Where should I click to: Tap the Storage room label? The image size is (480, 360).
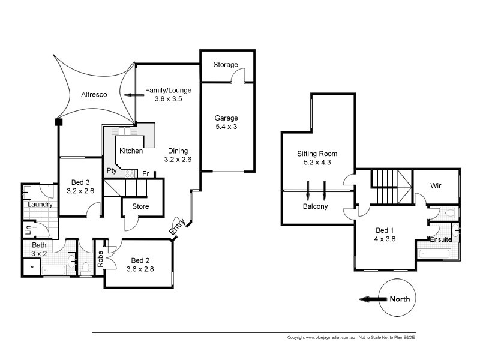[226, 65]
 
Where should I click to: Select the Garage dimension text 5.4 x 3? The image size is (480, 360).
[226, 127]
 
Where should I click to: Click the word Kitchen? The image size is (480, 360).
[131, 151]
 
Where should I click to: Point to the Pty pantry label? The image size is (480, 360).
[111, 170]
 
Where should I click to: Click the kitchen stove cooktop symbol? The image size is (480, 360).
[129, 173]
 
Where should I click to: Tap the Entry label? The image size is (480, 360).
[176, 226]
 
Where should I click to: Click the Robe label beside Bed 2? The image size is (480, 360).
[100, 258]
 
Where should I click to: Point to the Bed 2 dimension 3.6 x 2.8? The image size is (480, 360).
[140, 269]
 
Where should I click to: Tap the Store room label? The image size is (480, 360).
[140, 206]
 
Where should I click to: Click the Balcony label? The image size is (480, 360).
[315, 207]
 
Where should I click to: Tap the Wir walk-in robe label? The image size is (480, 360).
[436, 186]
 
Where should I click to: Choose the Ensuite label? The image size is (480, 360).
[440, 240]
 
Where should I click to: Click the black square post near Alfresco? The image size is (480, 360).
[58, 122]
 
